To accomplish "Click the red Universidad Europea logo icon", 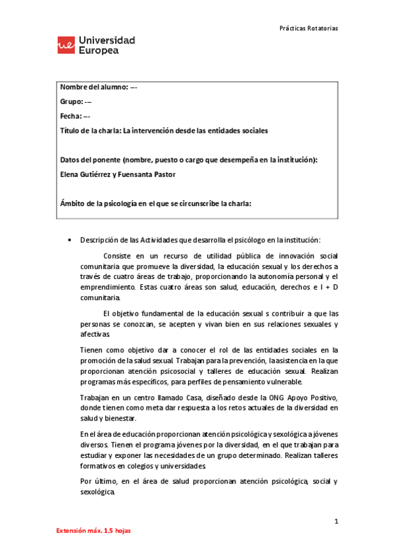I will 66,45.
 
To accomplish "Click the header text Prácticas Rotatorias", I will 308,28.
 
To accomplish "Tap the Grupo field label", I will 71,102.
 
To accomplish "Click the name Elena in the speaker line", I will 70,174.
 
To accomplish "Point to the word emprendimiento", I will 107,288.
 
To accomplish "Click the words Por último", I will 96,481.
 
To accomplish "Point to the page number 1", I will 335,522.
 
